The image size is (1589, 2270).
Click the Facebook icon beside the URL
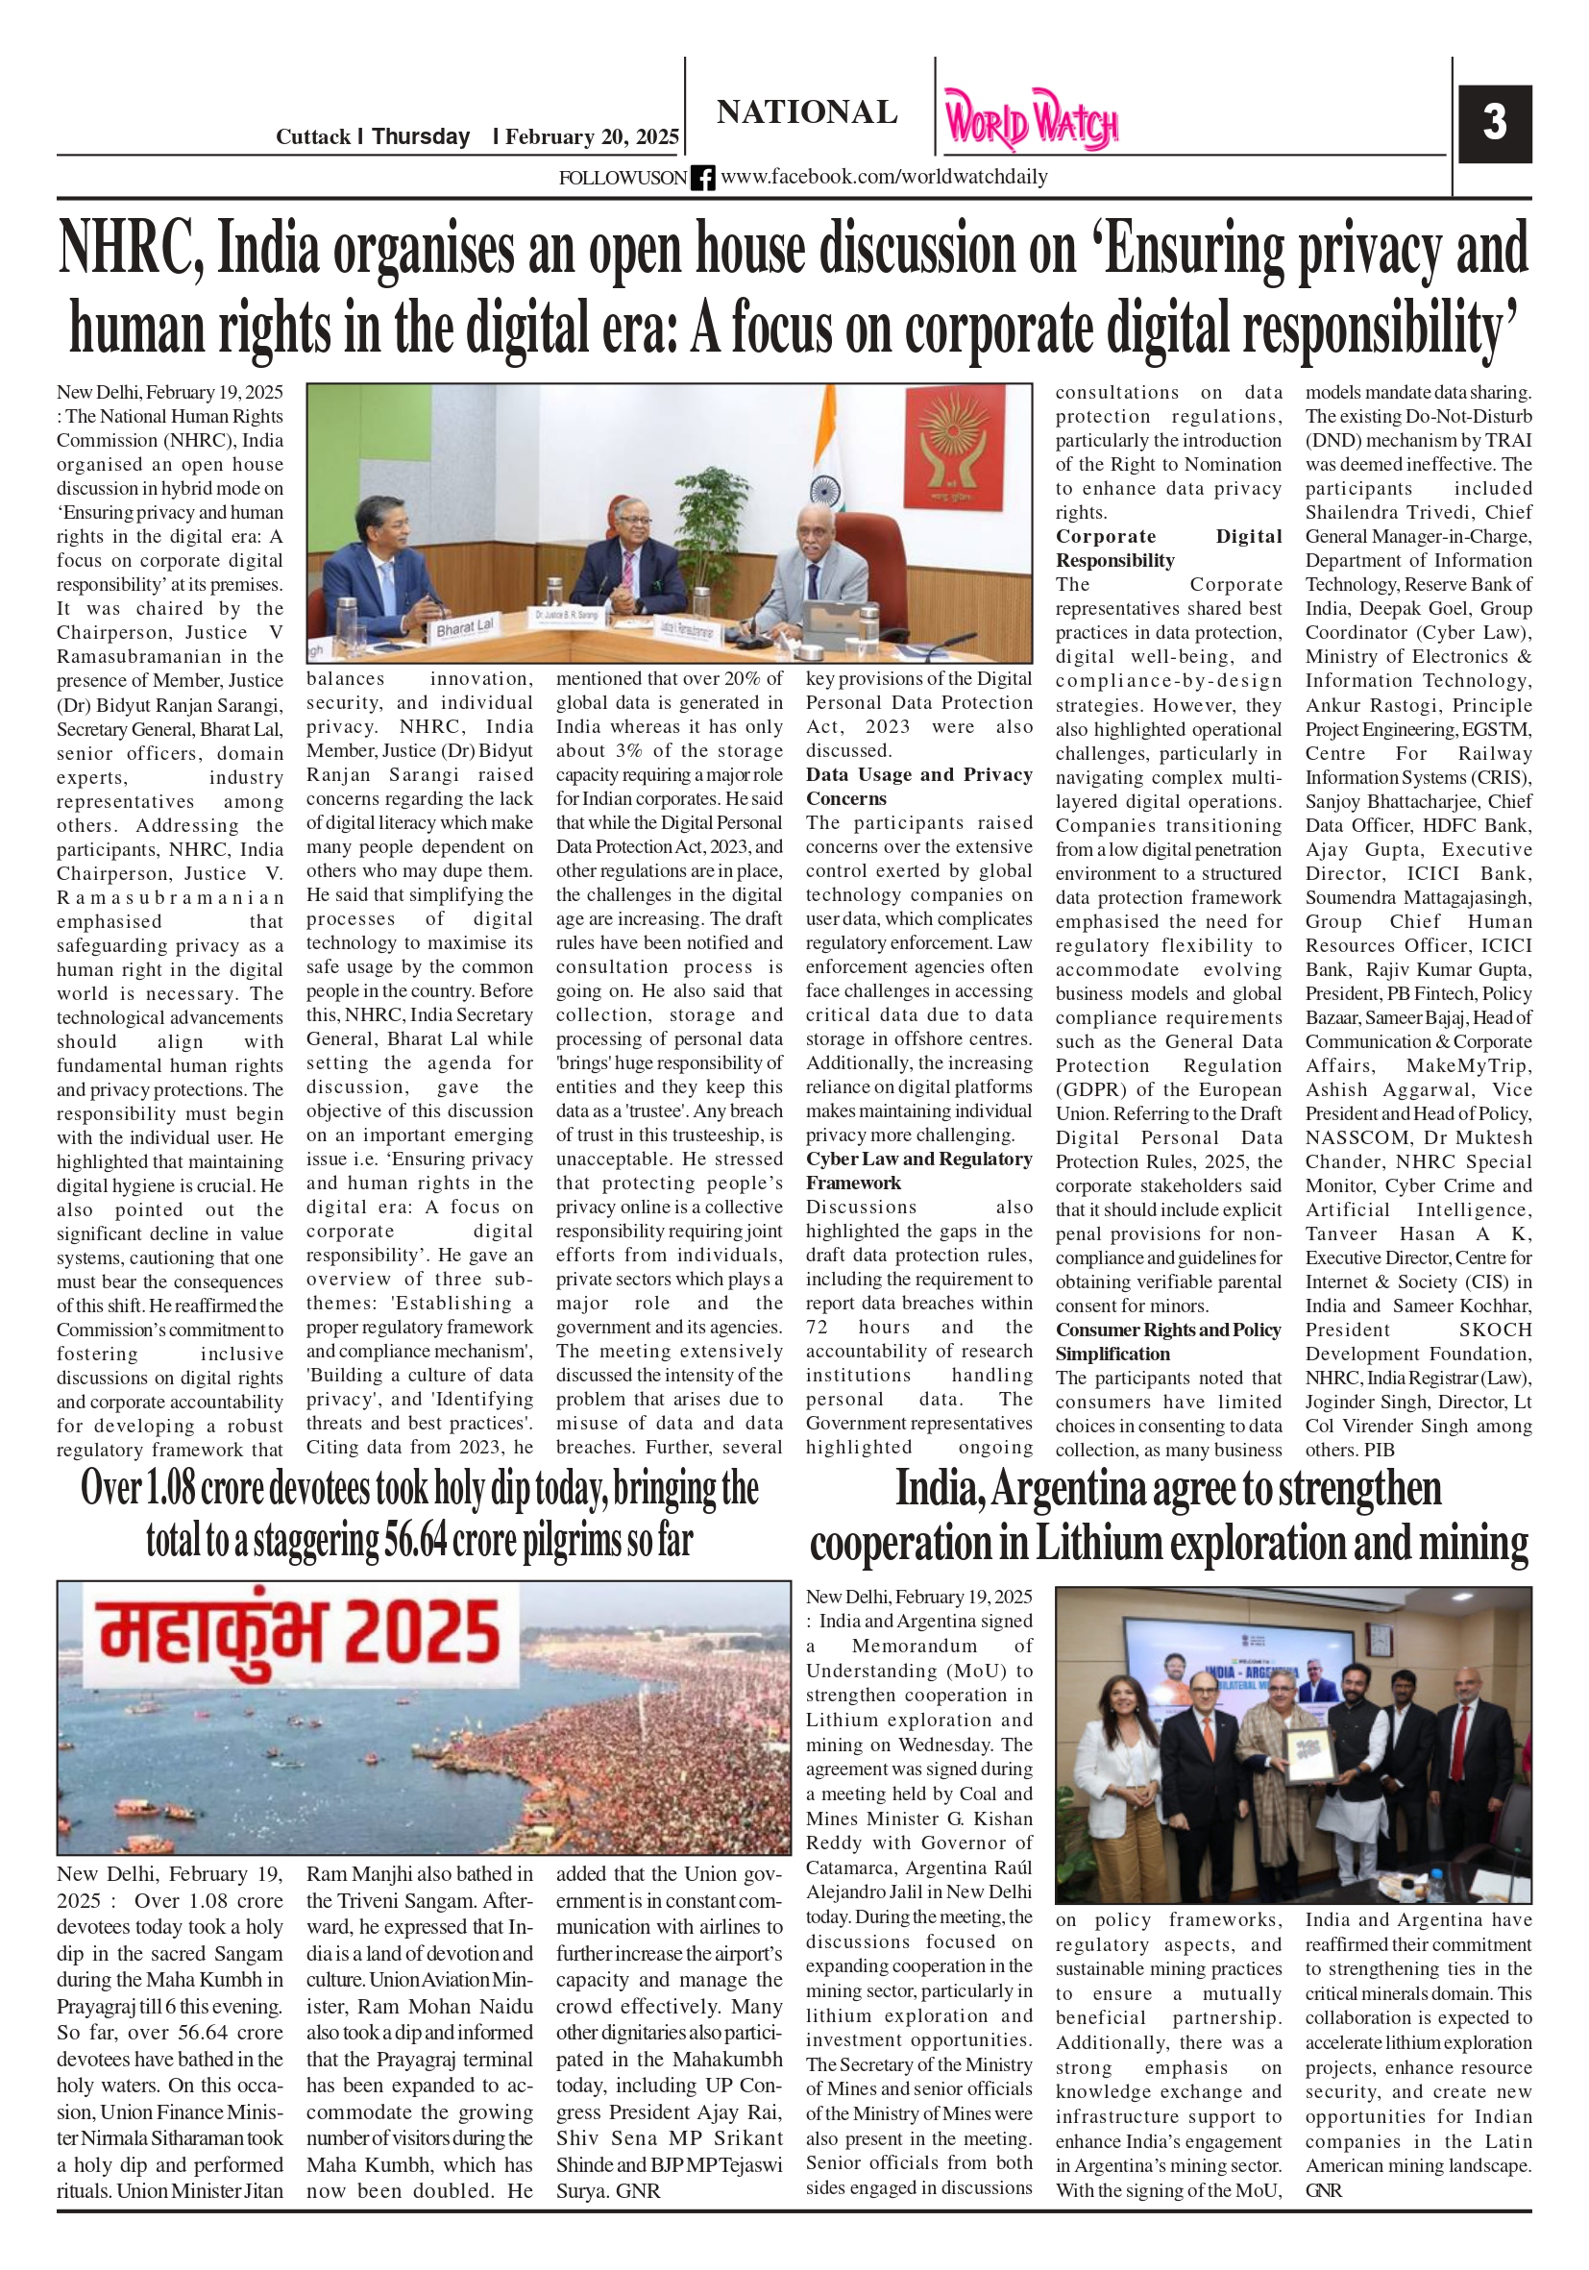pos(703,178)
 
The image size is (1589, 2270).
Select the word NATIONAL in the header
pos(807,112)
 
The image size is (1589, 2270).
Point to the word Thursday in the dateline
pos(420,136)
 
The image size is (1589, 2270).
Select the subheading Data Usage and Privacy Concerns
pos(918,786)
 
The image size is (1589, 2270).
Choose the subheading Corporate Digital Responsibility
pos(1168,548)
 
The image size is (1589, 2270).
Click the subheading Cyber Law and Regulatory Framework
pos(918,1171)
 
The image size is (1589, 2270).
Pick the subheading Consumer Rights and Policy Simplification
pos(1168,1342)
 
